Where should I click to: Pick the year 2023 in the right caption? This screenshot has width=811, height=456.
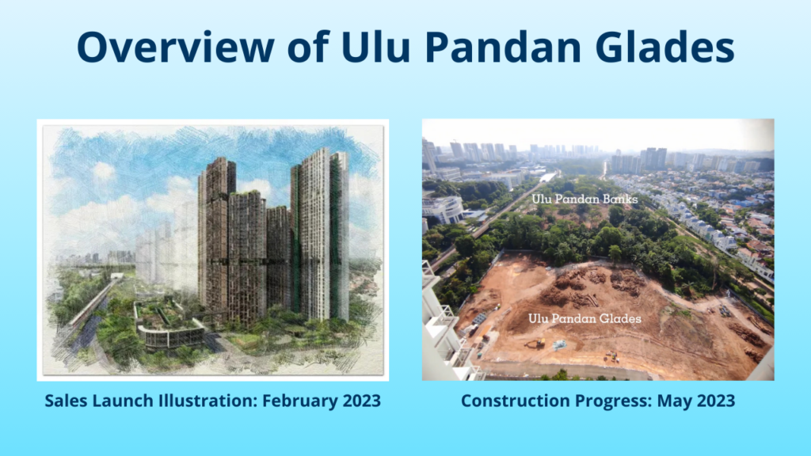pos(716,401)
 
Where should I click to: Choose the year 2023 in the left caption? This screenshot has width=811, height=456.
pos(361,401)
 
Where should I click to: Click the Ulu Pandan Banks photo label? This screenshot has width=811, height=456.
pos(584,199)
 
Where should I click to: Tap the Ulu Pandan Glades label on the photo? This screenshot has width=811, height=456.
pos(584,318)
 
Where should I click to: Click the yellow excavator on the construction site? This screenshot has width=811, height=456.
pos(537,342)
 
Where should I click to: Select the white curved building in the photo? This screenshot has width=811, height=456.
pos(443,209)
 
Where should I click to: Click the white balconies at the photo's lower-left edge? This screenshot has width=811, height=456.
pos(446,331)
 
